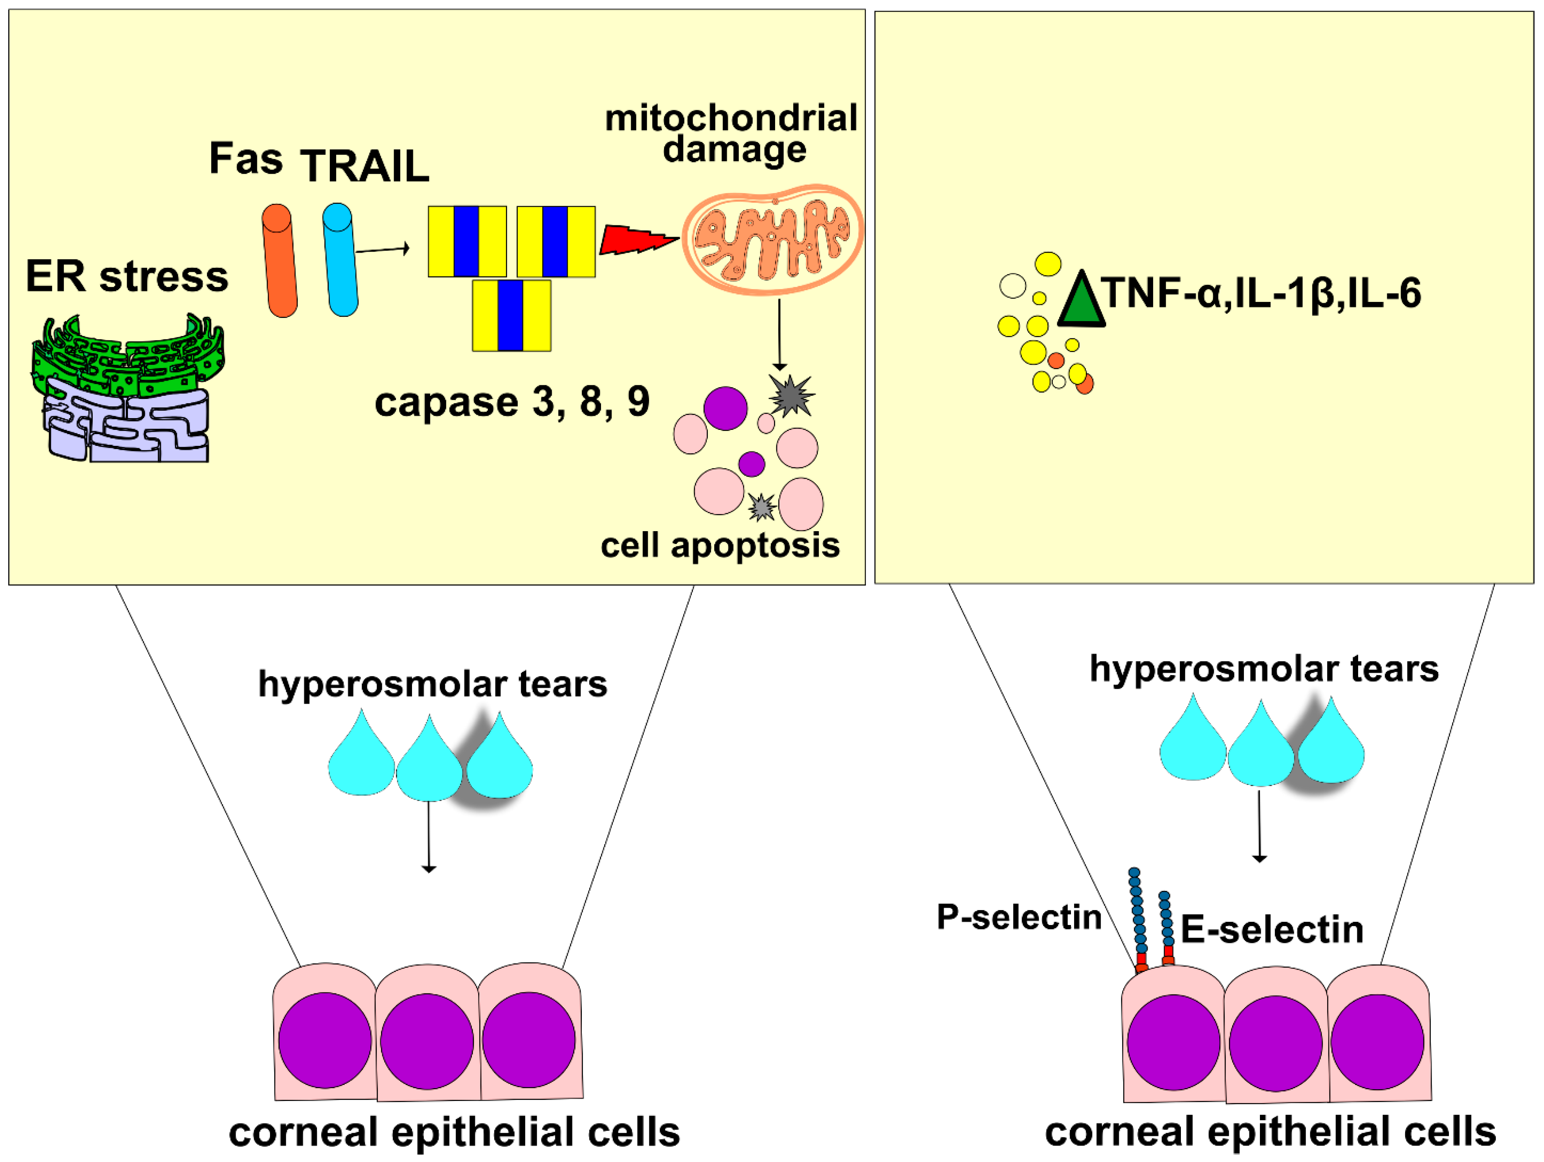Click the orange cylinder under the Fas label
[279, 260]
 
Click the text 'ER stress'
[127, 277]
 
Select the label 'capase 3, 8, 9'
[512, 402]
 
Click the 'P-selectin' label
[1019, 917]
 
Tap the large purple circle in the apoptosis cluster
[725, 408]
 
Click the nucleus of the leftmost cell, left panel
[325, 1040]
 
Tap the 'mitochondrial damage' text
[732, 133]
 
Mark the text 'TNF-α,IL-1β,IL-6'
[1262, 293]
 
